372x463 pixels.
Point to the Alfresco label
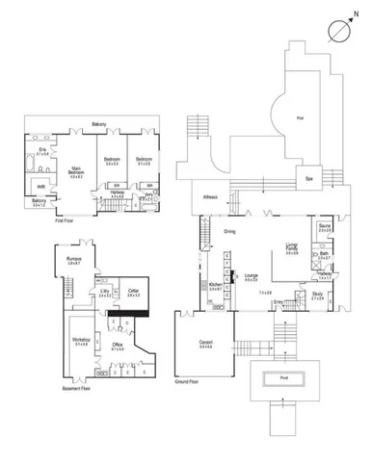tap(209, 197)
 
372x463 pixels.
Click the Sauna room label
tap(325, 227)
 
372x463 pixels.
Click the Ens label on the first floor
tap(43, 151)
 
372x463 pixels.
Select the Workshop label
tap(81, 340)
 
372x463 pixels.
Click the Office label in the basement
tap(118, 346)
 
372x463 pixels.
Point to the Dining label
tap(230, 232)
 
